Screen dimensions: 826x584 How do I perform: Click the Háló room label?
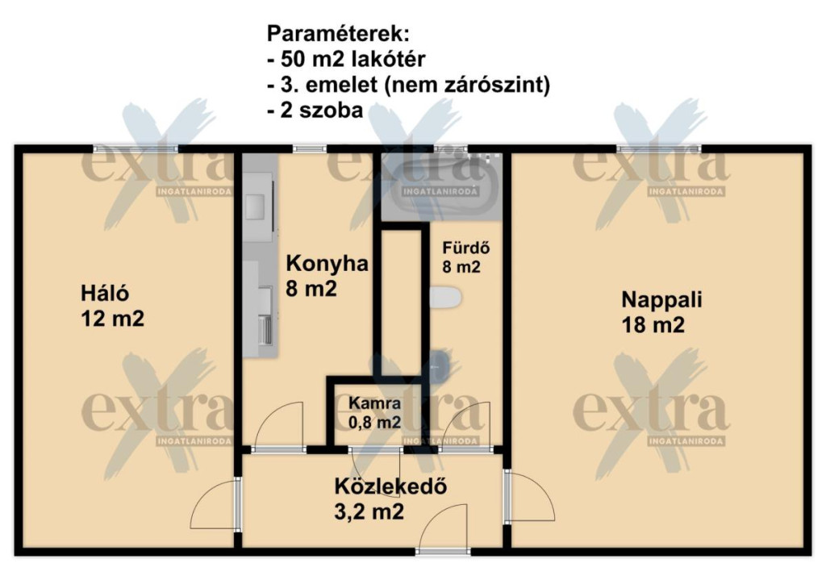tap(104, 294)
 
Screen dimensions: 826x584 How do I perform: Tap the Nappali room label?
tap(661, 299)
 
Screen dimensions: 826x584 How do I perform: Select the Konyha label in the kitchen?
tap(327, 263)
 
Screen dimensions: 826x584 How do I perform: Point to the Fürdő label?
tap(465, 248)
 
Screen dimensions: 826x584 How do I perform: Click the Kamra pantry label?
tap(374, 403)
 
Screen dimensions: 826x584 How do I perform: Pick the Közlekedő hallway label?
tap(390, 486)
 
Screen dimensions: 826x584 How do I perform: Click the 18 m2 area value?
tap(653, 324)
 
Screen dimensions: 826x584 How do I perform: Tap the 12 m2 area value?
tap(112, 319)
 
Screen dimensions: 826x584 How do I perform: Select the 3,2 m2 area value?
tap(369, 511)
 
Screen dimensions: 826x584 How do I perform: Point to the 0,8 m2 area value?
tap(374, 422)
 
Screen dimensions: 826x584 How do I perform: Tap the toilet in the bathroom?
tap(445, 298)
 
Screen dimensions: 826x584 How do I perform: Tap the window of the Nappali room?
tap(659, 149)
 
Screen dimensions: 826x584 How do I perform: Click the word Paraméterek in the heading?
tap(338, 34)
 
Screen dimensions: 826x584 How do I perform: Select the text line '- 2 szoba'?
tap(315, 110)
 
